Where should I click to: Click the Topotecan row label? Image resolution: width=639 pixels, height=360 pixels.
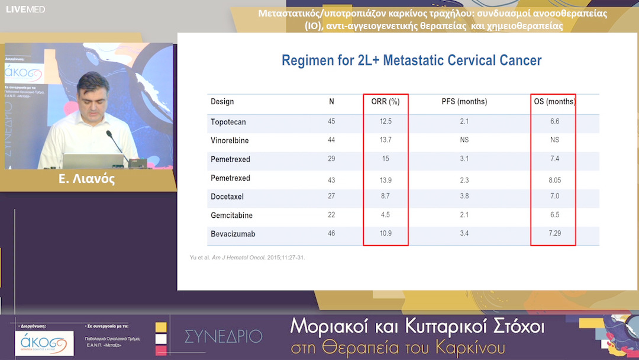[x=228, y=121]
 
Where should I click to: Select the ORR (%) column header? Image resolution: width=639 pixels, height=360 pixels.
[x=385, y=102]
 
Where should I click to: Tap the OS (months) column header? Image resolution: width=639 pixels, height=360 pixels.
[x=554, y=102]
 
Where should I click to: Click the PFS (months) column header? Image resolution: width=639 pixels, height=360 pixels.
[x=464, y=102]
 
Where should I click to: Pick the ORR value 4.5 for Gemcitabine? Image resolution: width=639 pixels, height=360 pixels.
[x=385, y=215]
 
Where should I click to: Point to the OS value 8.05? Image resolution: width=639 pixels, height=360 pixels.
[x=554, y=178]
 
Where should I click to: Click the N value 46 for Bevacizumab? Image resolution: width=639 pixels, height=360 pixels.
[x=331, y=233]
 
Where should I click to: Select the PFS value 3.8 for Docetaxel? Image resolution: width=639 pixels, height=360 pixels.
[x=464, y=196]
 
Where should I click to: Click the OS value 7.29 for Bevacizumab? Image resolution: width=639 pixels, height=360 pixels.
[x=554, y=233]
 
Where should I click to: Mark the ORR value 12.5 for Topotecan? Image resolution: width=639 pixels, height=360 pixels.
[x=385, y=121]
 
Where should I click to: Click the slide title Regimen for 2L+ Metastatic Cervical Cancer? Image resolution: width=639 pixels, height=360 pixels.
[x=411, y=60]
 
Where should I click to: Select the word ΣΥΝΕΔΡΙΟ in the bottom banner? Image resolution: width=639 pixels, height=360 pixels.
[x=223, y=336]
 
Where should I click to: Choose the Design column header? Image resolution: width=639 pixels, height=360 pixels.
[x=222, y=102]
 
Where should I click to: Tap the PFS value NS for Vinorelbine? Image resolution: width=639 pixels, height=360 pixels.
[x=464, y=140]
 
